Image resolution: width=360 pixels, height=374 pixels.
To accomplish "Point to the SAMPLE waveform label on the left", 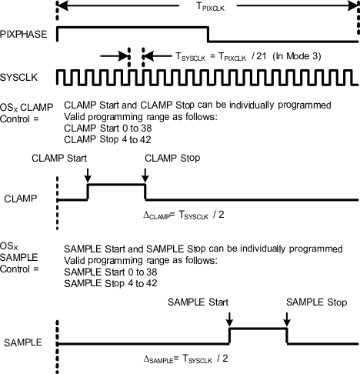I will tap(21, 341).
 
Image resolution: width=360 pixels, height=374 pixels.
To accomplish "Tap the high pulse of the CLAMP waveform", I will tap(116, 185).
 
